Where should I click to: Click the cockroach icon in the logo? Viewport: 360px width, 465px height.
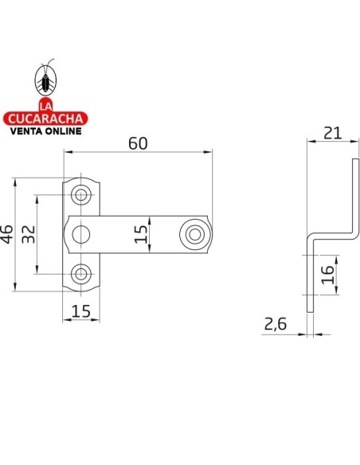pyautogui.click(x=45, y=80)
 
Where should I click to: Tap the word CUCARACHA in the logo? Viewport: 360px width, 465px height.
pyautogui.click(x=45, y=119)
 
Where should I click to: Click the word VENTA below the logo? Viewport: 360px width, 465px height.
pyautogui.click(x=25, y=131)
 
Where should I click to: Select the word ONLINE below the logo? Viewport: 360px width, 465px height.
pyautogui.click(x=61, y=131)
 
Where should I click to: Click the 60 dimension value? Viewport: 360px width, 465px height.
pyautogui.click(x=138, y=143)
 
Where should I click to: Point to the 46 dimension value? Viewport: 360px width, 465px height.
pyautogui.click(x=7, y=234)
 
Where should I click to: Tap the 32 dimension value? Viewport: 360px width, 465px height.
pyautogui.click(x=29, y=234)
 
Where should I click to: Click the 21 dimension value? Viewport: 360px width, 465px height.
pyautogui.click(x=332, y=133)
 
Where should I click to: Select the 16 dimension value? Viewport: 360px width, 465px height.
pyautogui.click(x=327, y=275)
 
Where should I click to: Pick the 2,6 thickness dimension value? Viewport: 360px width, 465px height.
pyautogui.click(x=276, y=324)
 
